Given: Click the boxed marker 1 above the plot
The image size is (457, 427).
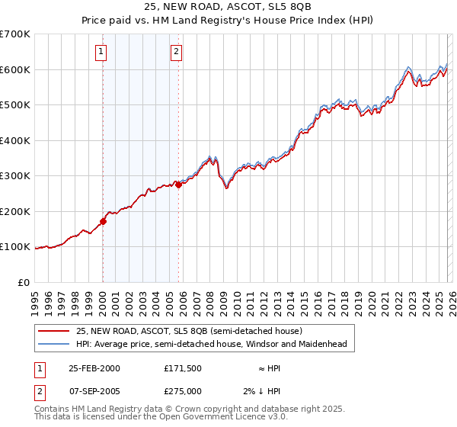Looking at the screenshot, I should point(101,52).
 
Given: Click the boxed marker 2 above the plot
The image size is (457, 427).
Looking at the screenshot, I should point(176,52).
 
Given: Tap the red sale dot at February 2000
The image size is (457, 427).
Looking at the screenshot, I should point(103,222).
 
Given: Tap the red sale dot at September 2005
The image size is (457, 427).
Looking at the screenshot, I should point(178,185).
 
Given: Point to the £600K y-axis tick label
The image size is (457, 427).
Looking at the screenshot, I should point(15,69).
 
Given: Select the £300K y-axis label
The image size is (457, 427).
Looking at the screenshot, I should point(15,176).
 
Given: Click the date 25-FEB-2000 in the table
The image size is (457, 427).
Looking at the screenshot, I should point(94,368).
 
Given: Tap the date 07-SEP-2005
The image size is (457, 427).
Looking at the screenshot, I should point(94,390).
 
